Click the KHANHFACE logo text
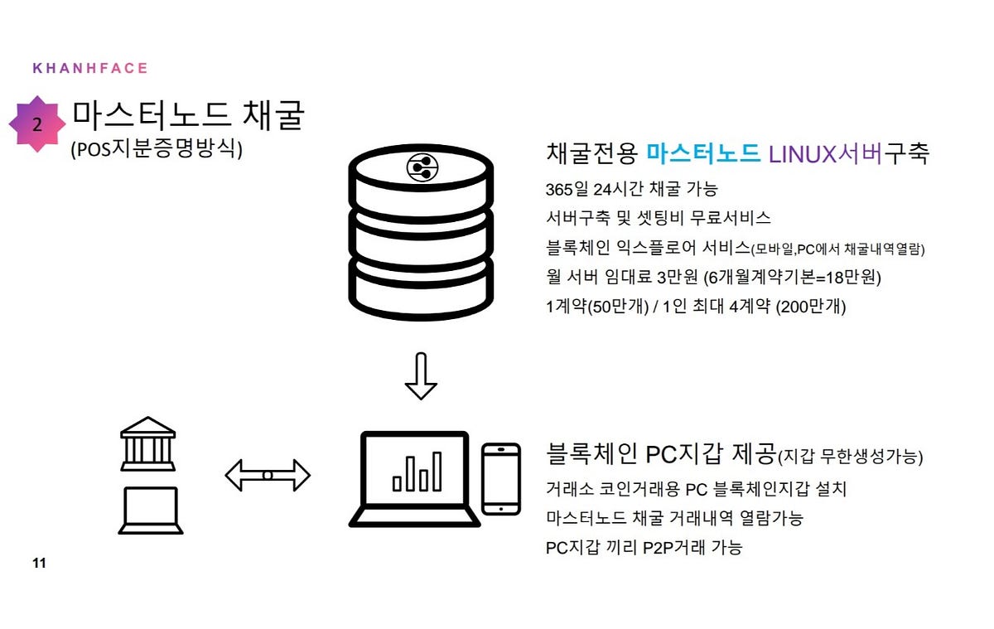pyautogui.click(x=89, y=68)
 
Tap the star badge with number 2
pyautogui.click(x=37, y=125)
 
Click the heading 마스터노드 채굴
pyautogui.click(x=188, y=116)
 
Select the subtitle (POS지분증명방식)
pyautogui.click(x=157, y=150)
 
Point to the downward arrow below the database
pyautogui.click(x=421, y=375)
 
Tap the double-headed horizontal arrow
pyautogui.click(x=268, y=476)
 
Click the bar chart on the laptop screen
pyautogui.click(x=417, y=472)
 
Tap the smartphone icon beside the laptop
pyautogui.click(x=501, y=478)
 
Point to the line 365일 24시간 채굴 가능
pyautogui.click(x=632, y=188)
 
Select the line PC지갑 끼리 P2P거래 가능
pyautogui.click(x=644, y=547)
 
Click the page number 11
pyautogui.click(x=39, y=564)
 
